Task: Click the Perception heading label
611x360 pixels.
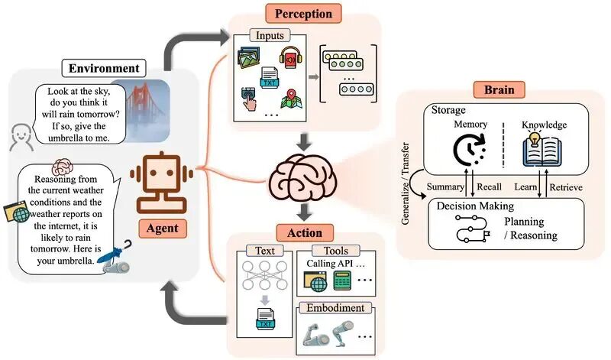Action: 304,14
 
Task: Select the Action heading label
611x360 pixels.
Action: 303,232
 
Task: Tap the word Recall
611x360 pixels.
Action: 489,187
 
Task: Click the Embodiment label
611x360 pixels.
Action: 335,307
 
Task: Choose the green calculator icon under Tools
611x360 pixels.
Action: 343,283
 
